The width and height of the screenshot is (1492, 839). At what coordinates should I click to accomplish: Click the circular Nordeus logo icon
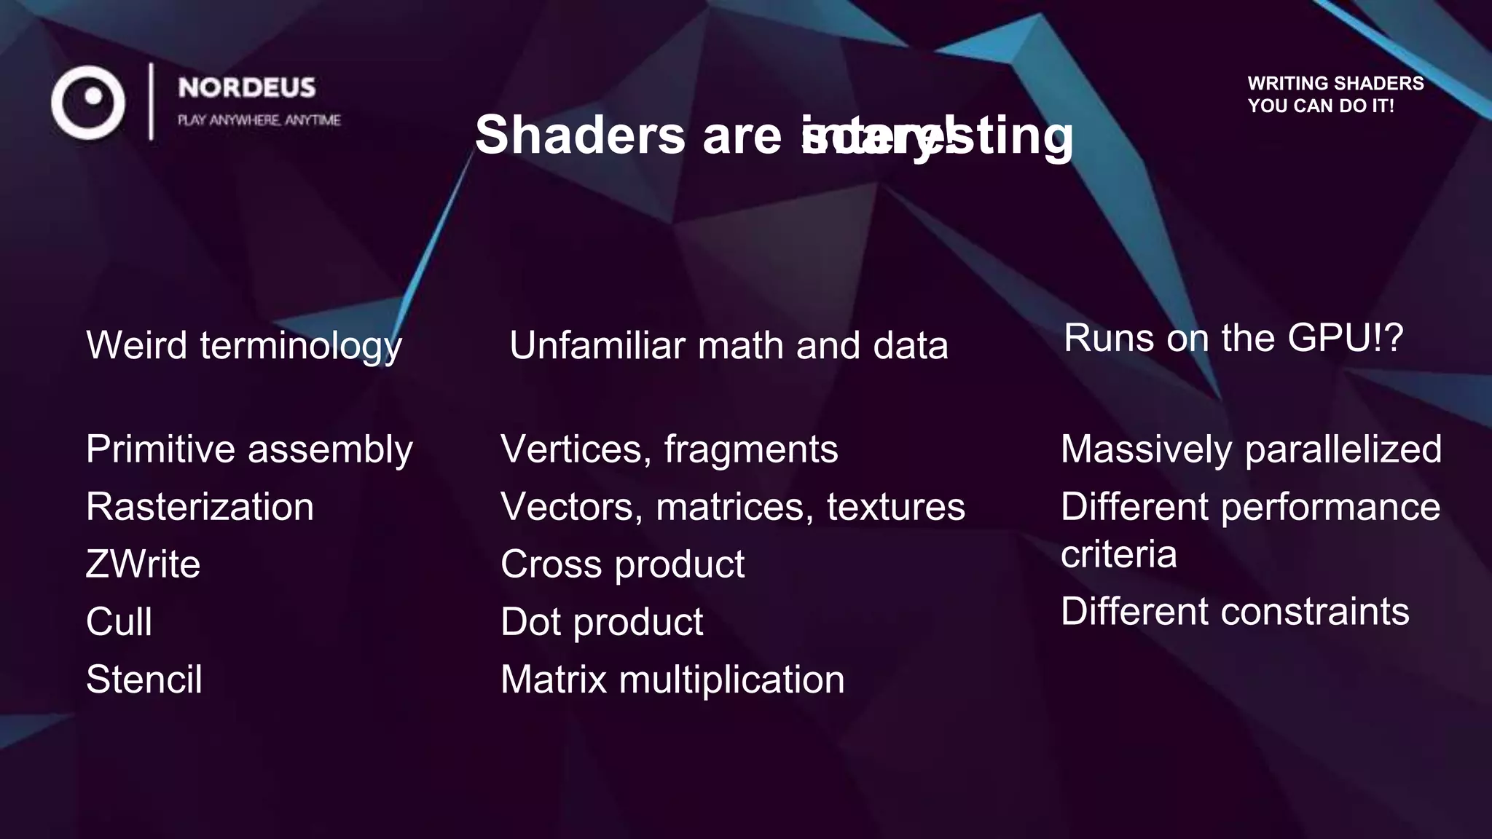pos(88,103)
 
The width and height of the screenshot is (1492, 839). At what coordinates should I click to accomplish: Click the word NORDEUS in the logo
pos(246,88)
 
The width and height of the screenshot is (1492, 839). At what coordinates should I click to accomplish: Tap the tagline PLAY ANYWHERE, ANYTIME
pos(259,120)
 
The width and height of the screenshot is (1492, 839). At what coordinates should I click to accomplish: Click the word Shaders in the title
pos(580,135)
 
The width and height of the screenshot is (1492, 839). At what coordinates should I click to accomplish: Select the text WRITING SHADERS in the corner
pos(1335,84)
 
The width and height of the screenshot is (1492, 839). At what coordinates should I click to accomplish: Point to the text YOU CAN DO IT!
pos(1320,106)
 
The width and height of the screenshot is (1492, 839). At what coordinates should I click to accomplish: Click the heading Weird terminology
pos(243,345)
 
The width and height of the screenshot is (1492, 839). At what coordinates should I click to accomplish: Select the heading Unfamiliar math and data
pos(729,345)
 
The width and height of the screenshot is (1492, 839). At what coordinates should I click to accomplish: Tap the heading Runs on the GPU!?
pos(1233,338)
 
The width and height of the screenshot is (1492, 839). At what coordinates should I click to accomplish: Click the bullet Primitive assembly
pos(249,449)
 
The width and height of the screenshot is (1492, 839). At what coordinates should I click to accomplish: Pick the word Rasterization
pos(200,507)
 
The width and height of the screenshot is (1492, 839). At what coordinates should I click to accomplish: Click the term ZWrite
pos(143,564)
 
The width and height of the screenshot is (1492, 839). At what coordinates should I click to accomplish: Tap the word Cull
pos(119,622)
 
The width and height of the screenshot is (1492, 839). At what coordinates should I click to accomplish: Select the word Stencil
pos(144,680)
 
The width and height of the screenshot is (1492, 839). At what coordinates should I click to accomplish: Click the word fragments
pos(750,449)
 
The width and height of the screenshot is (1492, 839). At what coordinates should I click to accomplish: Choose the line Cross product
pos(622,564)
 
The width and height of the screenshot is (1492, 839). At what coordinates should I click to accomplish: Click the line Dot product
pos(602,622)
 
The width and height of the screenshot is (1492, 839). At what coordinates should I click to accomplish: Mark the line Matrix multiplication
pos(672,680)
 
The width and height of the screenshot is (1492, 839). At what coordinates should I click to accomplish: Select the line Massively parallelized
pos(1251,449)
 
